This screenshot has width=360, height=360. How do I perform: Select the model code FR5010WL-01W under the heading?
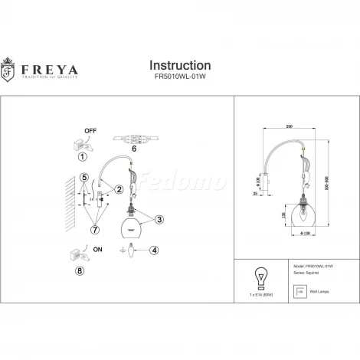click(179, 79)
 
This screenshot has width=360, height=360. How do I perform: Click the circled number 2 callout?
click(119, 188)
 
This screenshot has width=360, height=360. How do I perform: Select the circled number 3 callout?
click(159, 220)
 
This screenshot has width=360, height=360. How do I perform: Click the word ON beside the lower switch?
click(97, 250)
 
